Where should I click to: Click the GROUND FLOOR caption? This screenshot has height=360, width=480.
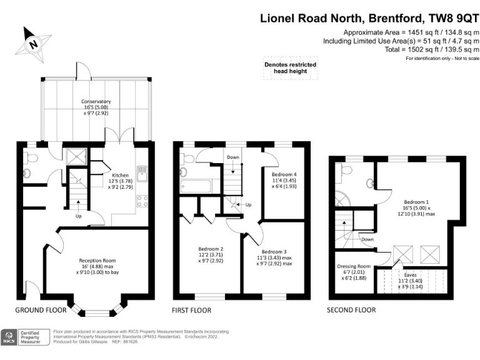coord(41,310)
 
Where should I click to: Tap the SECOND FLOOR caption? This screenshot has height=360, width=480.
coord(351,310)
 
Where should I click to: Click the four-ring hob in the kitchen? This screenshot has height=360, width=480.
coord(141,202)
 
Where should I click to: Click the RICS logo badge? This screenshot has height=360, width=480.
coord(9,338)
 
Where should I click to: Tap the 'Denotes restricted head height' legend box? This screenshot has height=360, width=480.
coord(289,68)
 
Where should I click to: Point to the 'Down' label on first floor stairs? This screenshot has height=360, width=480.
coord(232,157)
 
